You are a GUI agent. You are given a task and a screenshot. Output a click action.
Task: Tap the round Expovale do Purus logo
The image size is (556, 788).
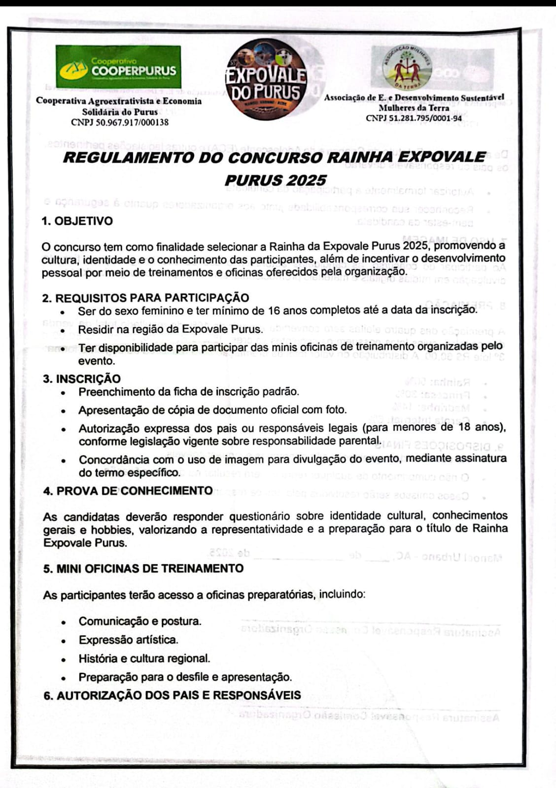(266, 80)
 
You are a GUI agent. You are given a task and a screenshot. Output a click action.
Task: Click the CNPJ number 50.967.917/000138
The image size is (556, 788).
(120, 122)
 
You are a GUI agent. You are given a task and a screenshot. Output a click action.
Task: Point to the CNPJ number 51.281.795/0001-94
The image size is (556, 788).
(414, 118)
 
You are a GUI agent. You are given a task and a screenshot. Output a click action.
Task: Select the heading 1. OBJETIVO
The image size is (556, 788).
(77, 221)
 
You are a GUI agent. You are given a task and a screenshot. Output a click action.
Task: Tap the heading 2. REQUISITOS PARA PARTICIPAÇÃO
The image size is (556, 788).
(145, 298)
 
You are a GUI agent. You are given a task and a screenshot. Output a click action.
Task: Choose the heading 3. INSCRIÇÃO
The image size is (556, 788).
(81, 378)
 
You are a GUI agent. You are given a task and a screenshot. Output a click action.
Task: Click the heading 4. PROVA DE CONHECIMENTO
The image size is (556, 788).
(128, 491)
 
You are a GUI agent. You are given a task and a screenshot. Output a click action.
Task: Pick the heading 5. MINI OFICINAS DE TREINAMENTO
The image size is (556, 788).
(143, 568)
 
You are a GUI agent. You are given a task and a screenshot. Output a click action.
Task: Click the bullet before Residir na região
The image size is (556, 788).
(63, 330)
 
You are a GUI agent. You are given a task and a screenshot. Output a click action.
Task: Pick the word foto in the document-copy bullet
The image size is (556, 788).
(334, 410)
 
